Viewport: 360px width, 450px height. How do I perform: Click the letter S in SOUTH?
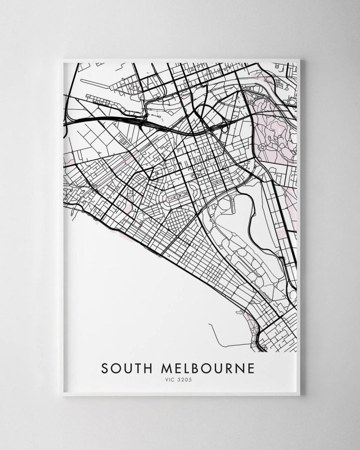pos(104,369)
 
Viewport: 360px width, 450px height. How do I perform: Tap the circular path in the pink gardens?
pos(262,147)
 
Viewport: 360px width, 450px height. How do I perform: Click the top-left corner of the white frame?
pos(61,59)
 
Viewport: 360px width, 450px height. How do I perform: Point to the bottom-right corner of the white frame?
pos(300,395)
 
